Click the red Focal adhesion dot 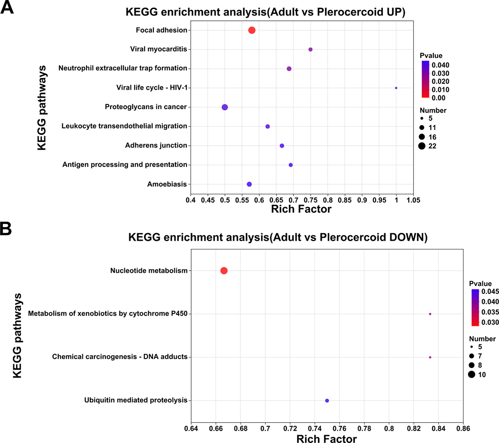click(x=252, y=30)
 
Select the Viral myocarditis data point click(x=310, y=50)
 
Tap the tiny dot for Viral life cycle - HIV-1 click(x=396, y=88)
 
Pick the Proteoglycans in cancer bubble click(x=225, y=107)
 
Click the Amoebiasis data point click(x=249, y=184)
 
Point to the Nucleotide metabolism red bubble click(x=224, y=271)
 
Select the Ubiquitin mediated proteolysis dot click(x=327, y=401)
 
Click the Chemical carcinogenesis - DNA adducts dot click(x=430, y=357)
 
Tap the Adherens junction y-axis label click(x=156, y=145)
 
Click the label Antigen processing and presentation click(x=125, y=164)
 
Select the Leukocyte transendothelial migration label click(x=124, y=126)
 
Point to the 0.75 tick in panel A click(x=310, y=200)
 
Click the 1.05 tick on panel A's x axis click(x=413, y=200)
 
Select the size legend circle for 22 click(x=422, y=146)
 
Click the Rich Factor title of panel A click(x=301, y=209)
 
